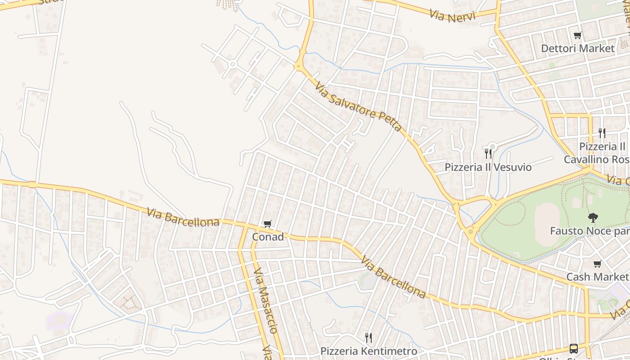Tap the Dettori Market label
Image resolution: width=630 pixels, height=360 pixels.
tap(577, 48)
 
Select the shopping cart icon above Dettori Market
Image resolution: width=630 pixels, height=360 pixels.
tap(577, 35)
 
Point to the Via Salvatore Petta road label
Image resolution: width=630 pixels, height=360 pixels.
tap(358, 107)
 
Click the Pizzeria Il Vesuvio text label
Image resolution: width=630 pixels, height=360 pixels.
tap(488, 167)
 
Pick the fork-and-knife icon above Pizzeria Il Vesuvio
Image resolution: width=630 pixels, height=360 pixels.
tap(488, 154)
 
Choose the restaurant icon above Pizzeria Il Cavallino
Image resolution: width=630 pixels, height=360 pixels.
tap(602, 133)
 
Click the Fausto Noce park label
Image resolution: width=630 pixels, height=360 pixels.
tap(589, 231)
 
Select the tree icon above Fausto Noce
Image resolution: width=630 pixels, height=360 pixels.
tap(593, 218)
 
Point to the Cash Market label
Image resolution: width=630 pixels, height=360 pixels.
tap(596, 277)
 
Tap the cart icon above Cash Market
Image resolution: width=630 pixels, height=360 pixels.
tap(597, 264)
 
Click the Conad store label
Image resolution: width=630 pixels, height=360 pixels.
tap(268, 237)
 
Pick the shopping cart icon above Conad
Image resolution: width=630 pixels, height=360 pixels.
tap(268, 224)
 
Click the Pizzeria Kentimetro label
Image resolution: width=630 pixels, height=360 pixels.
tap(369, 351)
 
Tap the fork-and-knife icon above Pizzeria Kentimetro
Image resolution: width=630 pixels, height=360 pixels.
tap(368, 337)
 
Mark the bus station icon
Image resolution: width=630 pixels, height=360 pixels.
tap(574, 348)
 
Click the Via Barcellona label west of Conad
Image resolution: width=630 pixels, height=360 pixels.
tap(183, 216)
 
